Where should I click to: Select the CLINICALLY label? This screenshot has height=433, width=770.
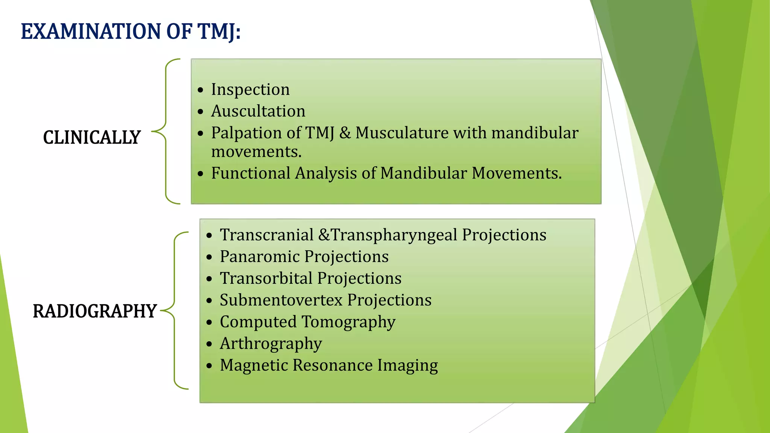coord(92,138)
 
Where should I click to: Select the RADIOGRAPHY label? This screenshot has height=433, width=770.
coord(94,311)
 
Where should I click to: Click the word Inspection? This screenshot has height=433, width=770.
coord(250,89)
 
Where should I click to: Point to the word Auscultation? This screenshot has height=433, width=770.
coord(258,111)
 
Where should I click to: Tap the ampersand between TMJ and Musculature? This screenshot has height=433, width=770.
coord(345,133)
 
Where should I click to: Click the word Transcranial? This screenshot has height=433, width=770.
coord(267,235)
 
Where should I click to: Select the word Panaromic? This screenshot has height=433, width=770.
coord(259,257)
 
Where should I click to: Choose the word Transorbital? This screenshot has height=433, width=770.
coord(266,279)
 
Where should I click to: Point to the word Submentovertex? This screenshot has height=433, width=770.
coord(281,300)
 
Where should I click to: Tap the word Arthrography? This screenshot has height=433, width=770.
coord(271,344)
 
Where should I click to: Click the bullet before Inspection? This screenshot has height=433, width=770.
coord(201,90)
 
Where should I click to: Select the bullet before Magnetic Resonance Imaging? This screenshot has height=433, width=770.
coord(209,366)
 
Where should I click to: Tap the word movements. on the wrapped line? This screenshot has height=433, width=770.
coord(256,152)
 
